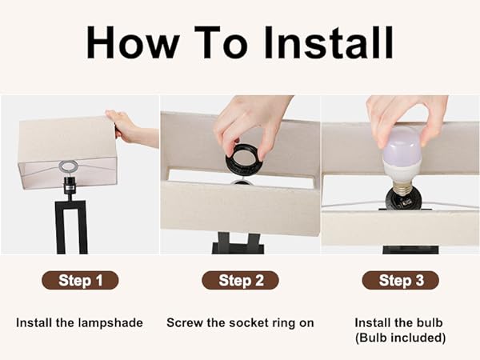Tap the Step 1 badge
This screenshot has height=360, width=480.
(80, 280)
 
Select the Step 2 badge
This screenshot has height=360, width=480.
(240, 280)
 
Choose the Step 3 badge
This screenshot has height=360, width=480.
(400, 280)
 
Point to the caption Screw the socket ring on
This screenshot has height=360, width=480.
(240, 323)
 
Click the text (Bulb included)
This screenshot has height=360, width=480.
(400, 338)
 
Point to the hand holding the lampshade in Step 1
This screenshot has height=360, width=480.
(132, 128)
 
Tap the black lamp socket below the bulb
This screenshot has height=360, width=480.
(401, 198)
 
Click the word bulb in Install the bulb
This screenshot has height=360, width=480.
(426, 323)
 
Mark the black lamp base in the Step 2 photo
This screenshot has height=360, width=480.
(238, 243)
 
